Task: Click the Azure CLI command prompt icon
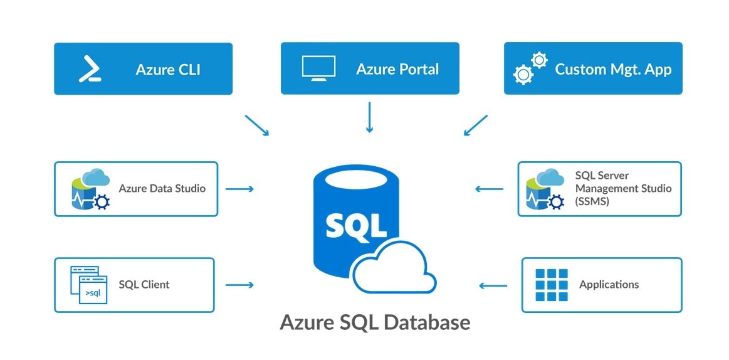[90, 69]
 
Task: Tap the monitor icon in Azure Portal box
[318, 68]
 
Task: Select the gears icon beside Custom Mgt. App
[530, 68]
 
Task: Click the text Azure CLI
[168, 69]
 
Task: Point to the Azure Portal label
[397, 69]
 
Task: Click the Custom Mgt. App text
[613, 69]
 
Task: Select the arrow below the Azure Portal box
[369, 117]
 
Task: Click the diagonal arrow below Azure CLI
[257, 125]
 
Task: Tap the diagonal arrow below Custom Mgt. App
[475, 125]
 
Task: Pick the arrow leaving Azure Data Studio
[239, 189]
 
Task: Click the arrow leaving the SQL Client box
[239, 285]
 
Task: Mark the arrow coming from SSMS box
[489, 189]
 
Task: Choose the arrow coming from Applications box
[493, 286]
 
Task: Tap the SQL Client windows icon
[88, 285]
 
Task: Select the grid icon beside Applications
[551, 285]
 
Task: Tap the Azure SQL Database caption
[374, 322]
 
